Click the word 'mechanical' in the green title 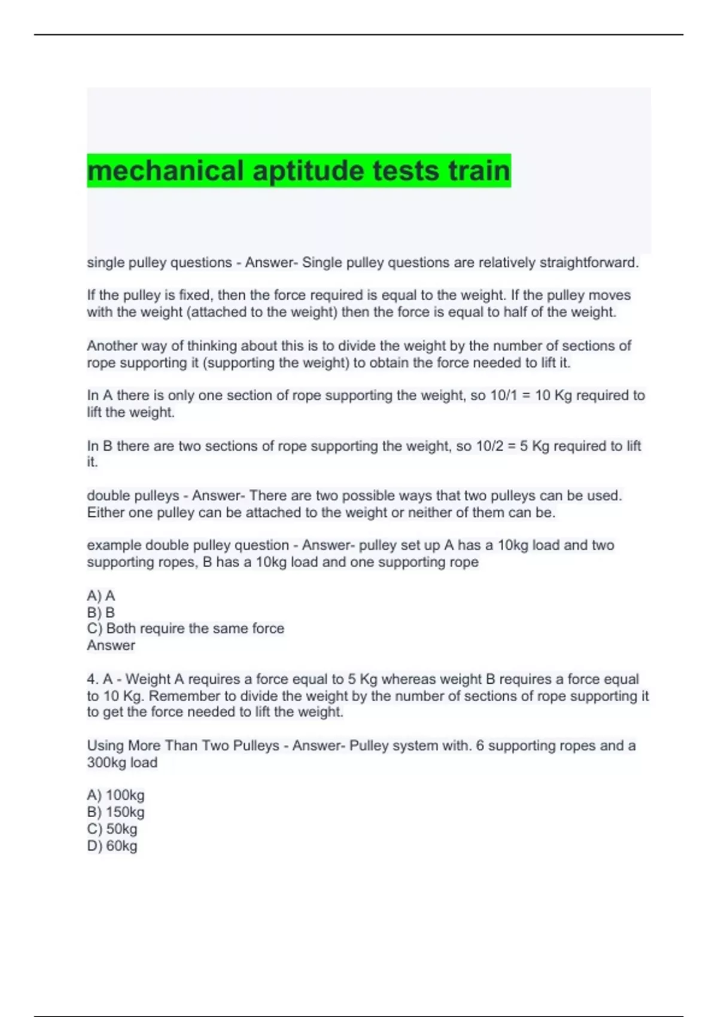pos(165,171)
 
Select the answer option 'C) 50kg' pos(112,829)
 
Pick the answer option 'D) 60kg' pos(112,846)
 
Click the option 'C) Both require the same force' pos(185,628)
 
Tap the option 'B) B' pos(101,612)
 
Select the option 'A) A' pos(101,595)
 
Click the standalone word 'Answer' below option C pos(111,645)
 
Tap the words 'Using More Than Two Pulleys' pos(183,745)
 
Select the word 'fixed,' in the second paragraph pos(195,296)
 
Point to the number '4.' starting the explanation pos(92,679)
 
